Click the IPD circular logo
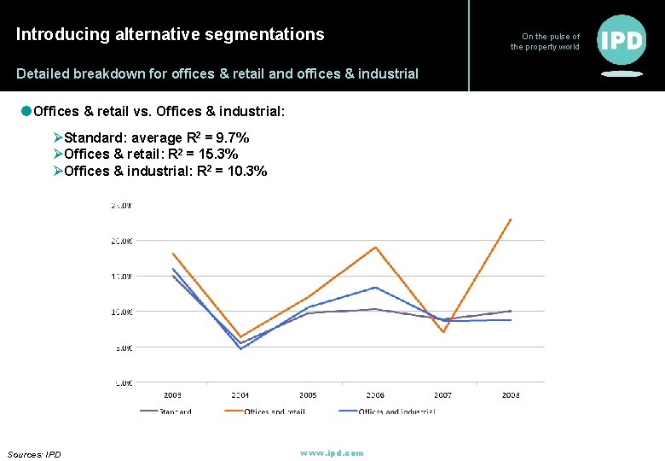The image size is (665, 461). tap(622, 40)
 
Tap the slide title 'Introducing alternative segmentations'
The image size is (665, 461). tap(171, 34)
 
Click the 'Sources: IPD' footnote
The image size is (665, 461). tap(34, 454)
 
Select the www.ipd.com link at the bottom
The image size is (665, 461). tap(332, 452)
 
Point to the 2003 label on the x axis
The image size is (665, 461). tap(172, 395)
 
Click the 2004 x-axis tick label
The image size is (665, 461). tap(240, 395)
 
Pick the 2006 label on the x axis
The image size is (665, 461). tap(375, 395)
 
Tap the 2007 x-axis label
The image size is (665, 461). tap(442, 395)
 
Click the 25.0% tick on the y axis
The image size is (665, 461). tap(121, 206)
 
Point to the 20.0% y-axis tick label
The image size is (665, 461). tap(121, 241)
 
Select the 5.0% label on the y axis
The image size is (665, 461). tap(123, 347)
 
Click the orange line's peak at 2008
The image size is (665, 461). tap(511, 219)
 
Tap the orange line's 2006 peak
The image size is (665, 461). tap(376, 248)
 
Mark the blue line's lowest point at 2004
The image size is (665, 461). tap(240, 349)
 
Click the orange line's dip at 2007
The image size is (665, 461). tap(443, 332)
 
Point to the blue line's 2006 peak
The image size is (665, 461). tap(376, 287)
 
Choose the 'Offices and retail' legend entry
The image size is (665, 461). tap(274, 411)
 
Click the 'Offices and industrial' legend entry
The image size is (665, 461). tap(396, 411)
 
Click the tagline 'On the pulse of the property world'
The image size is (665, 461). tap(546, 42)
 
